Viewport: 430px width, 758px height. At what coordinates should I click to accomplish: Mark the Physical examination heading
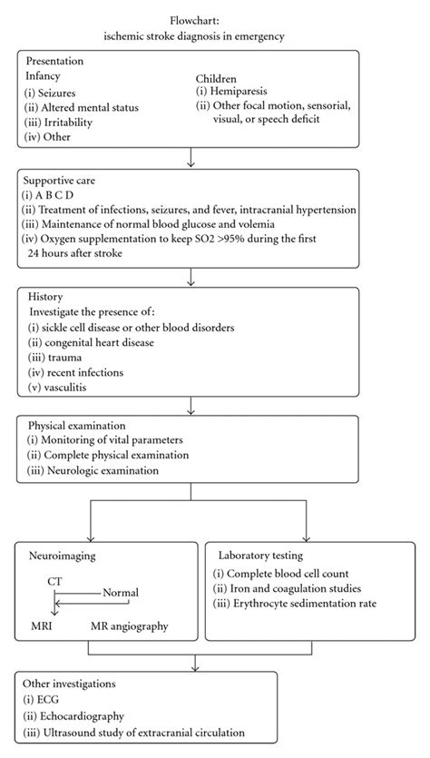point(79,425)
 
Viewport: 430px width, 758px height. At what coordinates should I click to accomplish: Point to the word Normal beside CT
point(121,593)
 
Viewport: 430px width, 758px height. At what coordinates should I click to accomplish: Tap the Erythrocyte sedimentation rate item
point(295,603)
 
